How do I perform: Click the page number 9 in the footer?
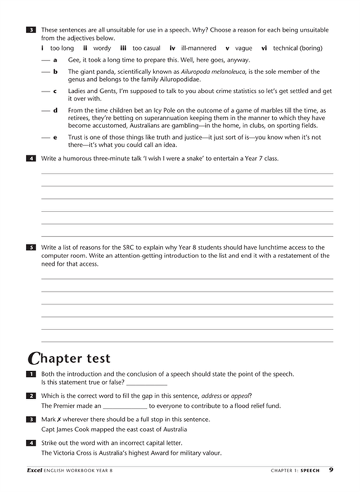[331, 470]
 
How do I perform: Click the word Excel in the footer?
[35, 470]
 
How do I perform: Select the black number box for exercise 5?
[31, 247]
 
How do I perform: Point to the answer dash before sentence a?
[44, 60]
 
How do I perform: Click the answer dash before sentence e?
[44, 137]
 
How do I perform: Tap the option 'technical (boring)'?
[298, 48]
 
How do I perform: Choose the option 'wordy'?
[102, 48]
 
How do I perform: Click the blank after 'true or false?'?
[147, 382]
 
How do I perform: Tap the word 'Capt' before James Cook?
[48, 429]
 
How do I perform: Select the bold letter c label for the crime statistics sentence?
[55, 91]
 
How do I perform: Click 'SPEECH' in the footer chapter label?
[310, 470]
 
